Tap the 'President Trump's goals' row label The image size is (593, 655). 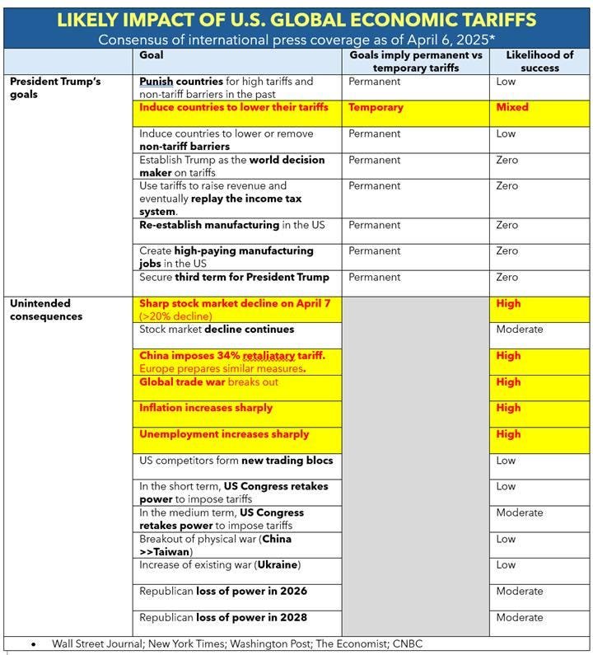56,88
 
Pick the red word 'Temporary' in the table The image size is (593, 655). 376,107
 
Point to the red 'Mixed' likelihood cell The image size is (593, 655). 512,107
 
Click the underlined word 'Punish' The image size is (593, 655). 156,82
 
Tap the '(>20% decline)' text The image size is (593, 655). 175,316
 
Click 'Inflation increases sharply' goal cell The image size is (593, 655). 206,408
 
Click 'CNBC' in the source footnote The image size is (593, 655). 408,643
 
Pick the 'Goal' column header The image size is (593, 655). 152,54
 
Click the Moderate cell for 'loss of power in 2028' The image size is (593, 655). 519,617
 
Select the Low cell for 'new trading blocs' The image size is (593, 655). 506,460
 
